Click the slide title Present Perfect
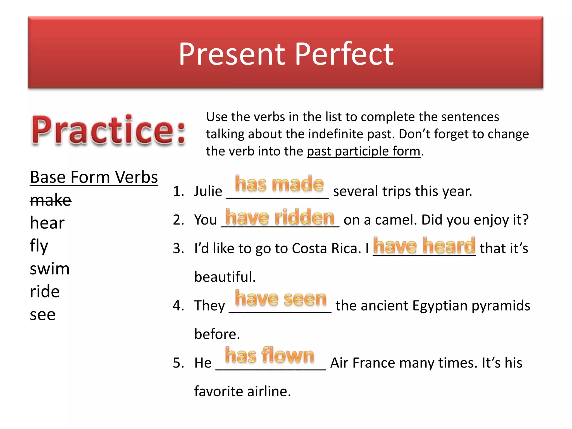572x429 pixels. tap(286, 54)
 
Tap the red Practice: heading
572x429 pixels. tap(108, 131)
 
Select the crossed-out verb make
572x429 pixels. tap(51, 200)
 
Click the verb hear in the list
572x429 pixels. tap(47, 223)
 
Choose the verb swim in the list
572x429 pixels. tap(49, 269)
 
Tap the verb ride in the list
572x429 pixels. tap(45, 292)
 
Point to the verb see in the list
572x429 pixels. tap(42, 315)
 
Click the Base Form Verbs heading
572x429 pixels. tap(94, 177)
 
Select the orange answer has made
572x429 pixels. tap(279, 184)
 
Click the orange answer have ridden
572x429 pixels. tap(280, 217)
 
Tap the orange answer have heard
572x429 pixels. tap(424, 246)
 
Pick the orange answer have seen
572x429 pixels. tap(280, 299)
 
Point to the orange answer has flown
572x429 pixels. tap(270, 356)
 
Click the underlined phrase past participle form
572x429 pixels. tap(363, 151)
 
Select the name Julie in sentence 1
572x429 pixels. tap(208, 192)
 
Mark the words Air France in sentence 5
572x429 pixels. tap(363, 363)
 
